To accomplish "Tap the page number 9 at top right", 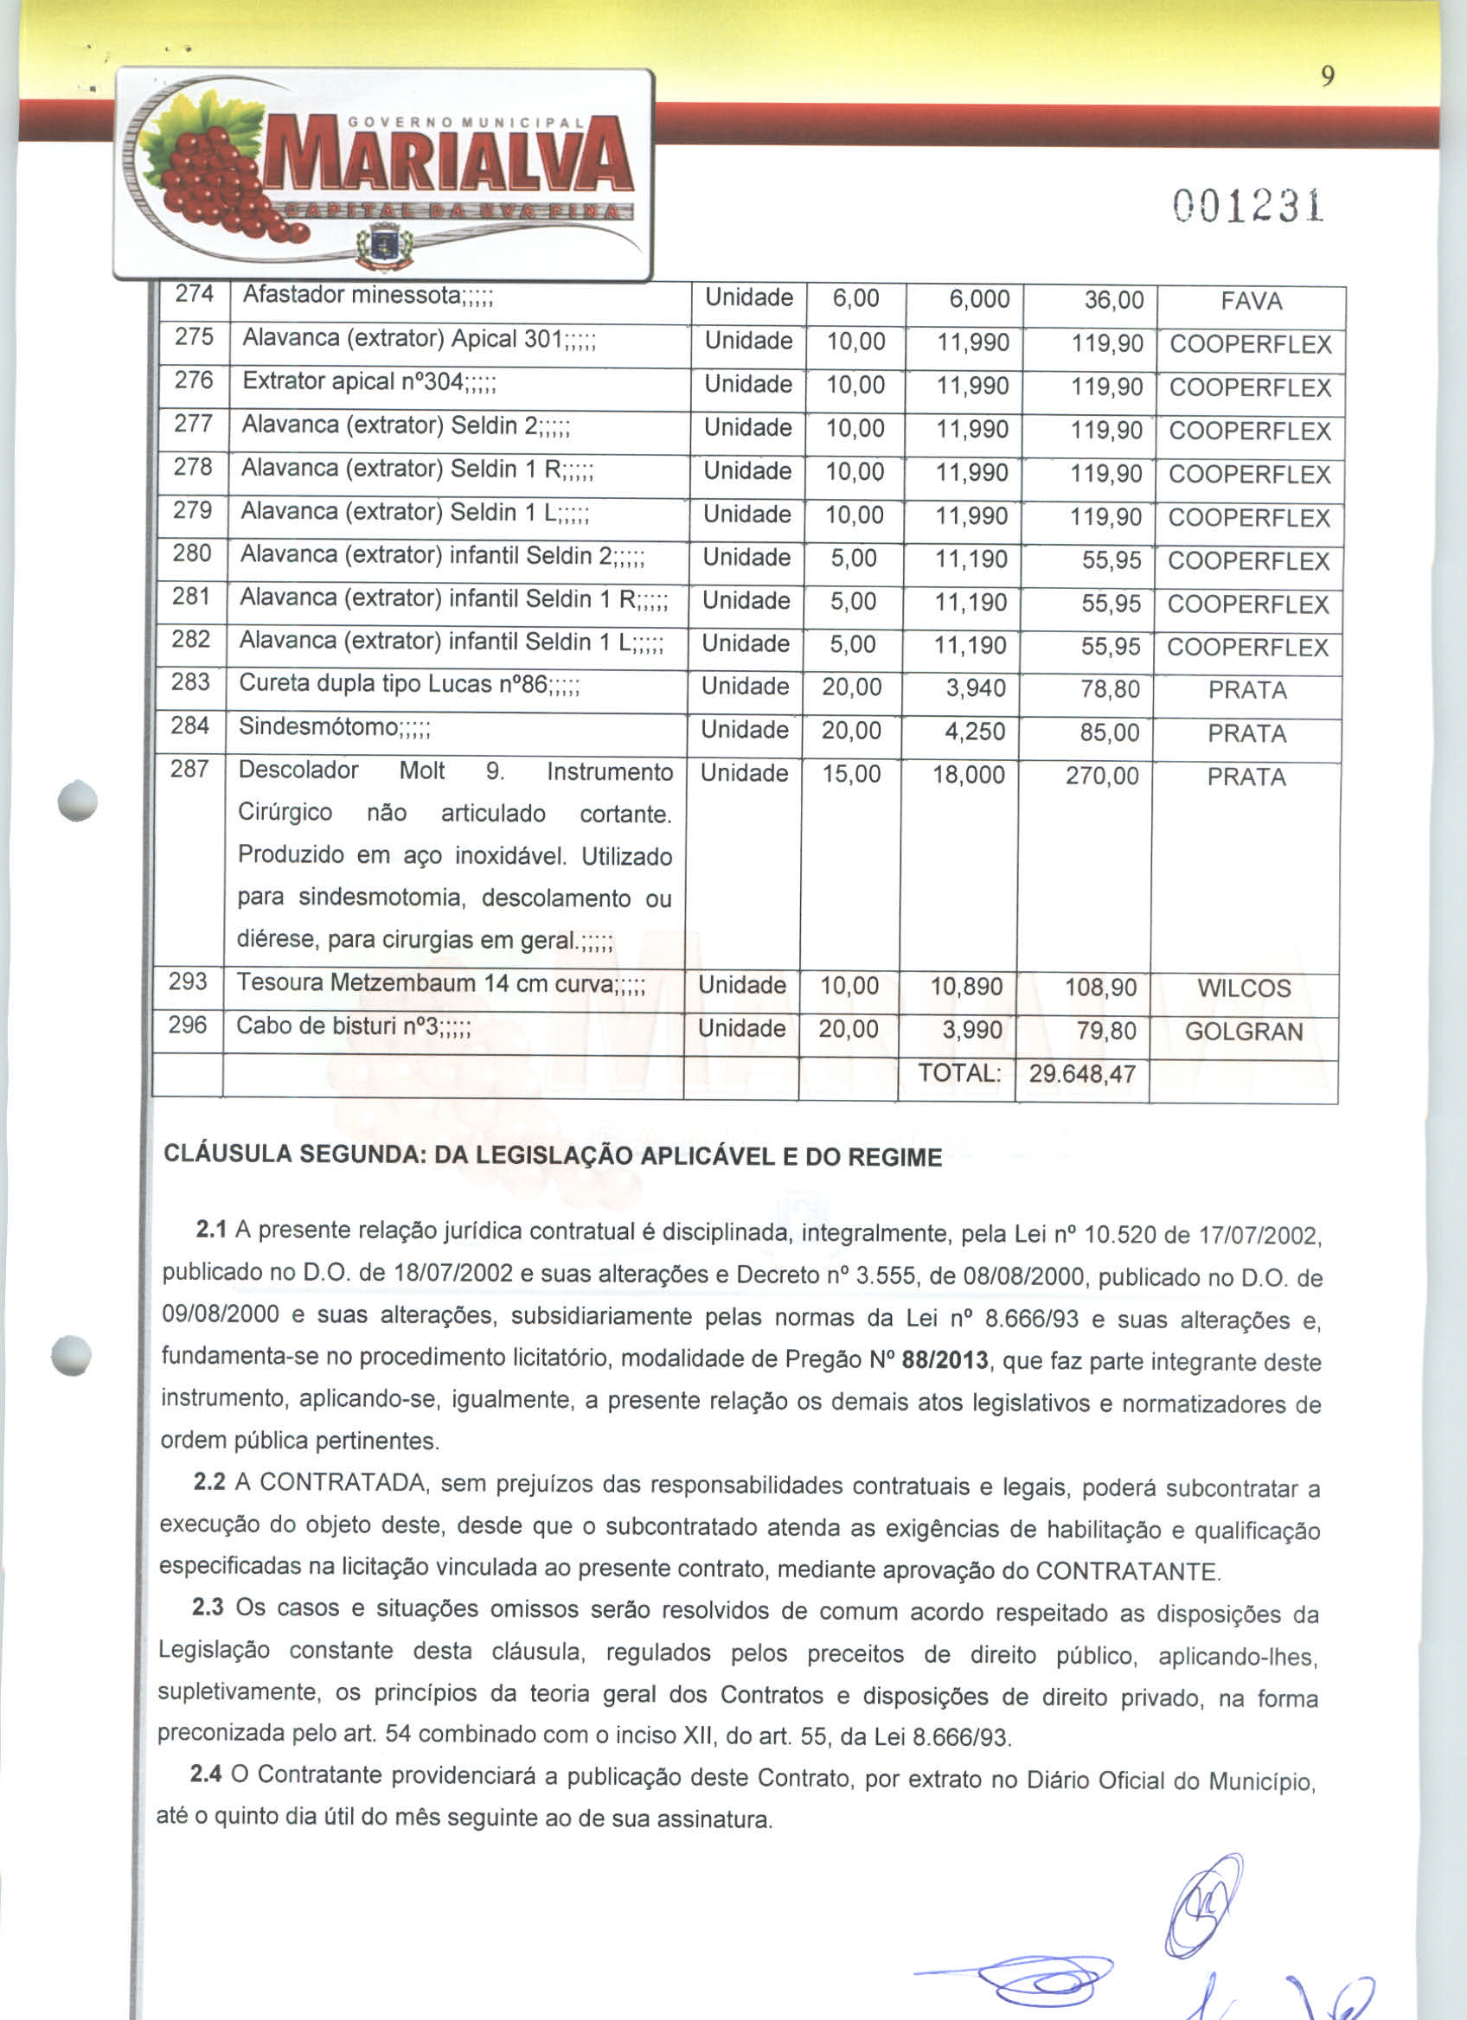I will pos(1327,79).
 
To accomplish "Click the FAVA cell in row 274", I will pos(1251,302).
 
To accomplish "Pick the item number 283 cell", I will pos(190,682).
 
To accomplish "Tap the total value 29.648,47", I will pos(1082,1073).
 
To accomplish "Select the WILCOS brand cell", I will pos(1244,988).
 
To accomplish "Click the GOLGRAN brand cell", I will pos(1244,1032).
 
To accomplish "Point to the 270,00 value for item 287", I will pos(1102,777).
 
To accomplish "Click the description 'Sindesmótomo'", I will pos(334,726).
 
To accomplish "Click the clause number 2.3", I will pos(208,1607).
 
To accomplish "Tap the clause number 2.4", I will pos(206,1774).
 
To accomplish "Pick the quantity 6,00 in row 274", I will pos(855,298).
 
